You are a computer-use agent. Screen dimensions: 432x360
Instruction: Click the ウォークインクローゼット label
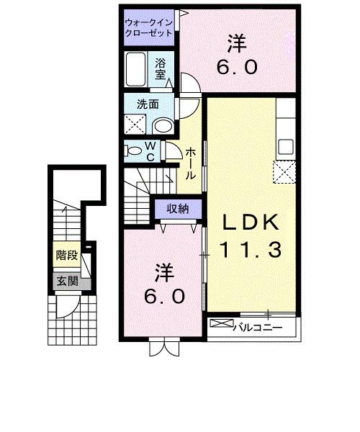[x=148, y=27]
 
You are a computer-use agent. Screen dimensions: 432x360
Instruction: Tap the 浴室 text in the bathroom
[x=161, y=68]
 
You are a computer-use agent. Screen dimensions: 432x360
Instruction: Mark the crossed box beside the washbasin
[x=135, y=124]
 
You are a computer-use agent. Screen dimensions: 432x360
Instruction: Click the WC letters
[x=152, y=152]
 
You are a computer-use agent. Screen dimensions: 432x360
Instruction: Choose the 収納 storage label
[x=178, y=209]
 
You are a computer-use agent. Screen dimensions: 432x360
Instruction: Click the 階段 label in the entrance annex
[x=66, y=255]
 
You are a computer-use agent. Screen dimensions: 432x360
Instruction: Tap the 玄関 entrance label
[x=66, y=282]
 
